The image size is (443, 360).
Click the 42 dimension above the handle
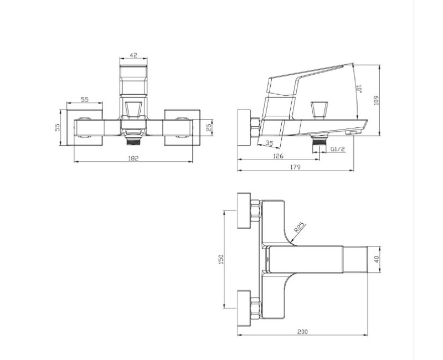(x=133, y=55)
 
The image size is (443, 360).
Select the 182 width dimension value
(x=133, y=158)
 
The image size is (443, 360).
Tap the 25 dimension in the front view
(x=209, y=127)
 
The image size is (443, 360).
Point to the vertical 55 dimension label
(x=57, y=127)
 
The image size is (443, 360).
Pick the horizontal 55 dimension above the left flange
(x=85, y=100)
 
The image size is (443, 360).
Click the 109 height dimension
(x=377, y=100)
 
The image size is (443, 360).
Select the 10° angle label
(x=359, y=89)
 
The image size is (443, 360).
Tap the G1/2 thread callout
(x=338, y=149)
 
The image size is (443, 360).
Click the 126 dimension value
(x=278, y=156)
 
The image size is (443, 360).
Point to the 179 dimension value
(x=295, y=167)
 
